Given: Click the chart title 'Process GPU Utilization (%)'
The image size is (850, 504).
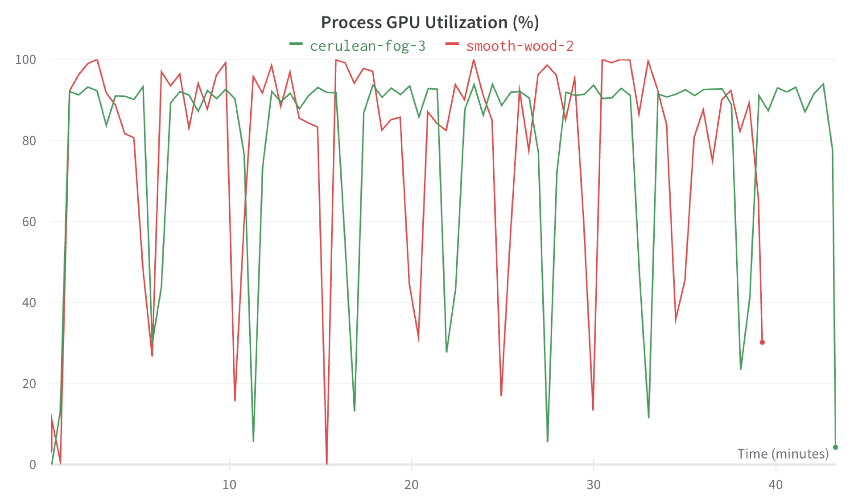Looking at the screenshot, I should pos(430,22).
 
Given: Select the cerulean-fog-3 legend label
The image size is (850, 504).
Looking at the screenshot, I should pos(367,46).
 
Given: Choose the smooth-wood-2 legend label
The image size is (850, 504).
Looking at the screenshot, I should pos(520,46).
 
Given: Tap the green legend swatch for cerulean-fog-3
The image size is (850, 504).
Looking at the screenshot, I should pos(296,44).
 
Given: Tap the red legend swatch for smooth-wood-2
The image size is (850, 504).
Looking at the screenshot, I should pos(452,44).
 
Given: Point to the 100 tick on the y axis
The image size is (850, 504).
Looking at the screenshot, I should pos(25,60).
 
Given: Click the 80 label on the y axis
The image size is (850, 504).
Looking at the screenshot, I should pos(29,141).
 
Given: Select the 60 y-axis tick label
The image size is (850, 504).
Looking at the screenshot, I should pos(29,222).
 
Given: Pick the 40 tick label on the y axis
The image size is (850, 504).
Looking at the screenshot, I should pos(29,303).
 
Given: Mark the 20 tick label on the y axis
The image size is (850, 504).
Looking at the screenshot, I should pos(29,384).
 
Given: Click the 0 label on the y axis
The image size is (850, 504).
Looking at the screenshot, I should pos(33,465).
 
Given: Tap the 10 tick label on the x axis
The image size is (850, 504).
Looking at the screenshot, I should pos(229,485).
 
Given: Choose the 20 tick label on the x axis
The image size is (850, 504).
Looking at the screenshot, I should pos(411,485).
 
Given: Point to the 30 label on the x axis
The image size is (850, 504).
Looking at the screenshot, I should pos(593,485).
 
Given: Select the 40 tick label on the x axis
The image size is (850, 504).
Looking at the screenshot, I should pos(776,485).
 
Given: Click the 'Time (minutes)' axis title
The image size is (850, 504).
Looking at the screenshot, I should pos(783,454).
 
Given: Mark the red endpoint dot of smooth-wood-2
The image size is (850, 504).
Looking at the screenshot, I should pos(762,343).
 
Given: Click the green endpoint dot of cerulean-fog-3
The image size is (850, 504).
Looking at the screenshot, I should pos(835,447).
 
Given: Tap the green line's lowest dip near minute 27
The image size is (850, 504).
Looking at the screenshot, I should pos(548,441).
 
